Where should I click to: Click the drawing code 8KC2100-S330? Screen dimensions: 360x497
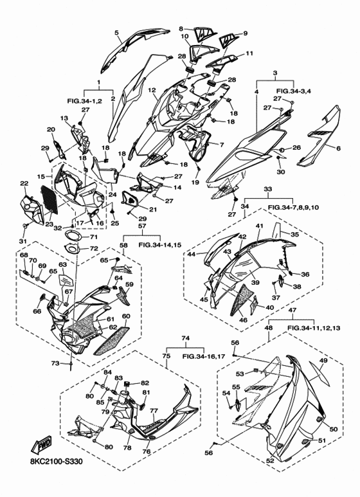[54, 461]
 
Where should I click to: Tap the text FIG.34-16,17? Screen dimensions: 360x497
[203, 356]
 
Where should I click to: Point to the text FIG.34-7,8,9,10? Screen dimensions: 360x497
[293, 207]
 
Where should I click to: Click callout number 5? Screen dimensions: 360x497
[116, 32]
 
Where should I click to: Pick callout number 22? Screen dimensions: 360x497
[24, 183]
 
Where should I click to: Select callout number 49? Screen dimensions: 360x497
[323, 361]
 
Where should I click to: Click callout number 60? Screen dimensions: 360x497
[126, 316]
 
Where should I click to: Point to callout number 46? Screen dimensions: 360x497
[243, 320]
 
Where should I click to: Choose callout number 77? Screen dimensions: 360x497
[154, 411]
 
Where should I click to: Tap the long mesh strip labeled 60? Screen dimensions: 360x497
[112, 341]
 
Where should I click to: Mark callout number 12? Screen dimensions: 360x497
[152, 90]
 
